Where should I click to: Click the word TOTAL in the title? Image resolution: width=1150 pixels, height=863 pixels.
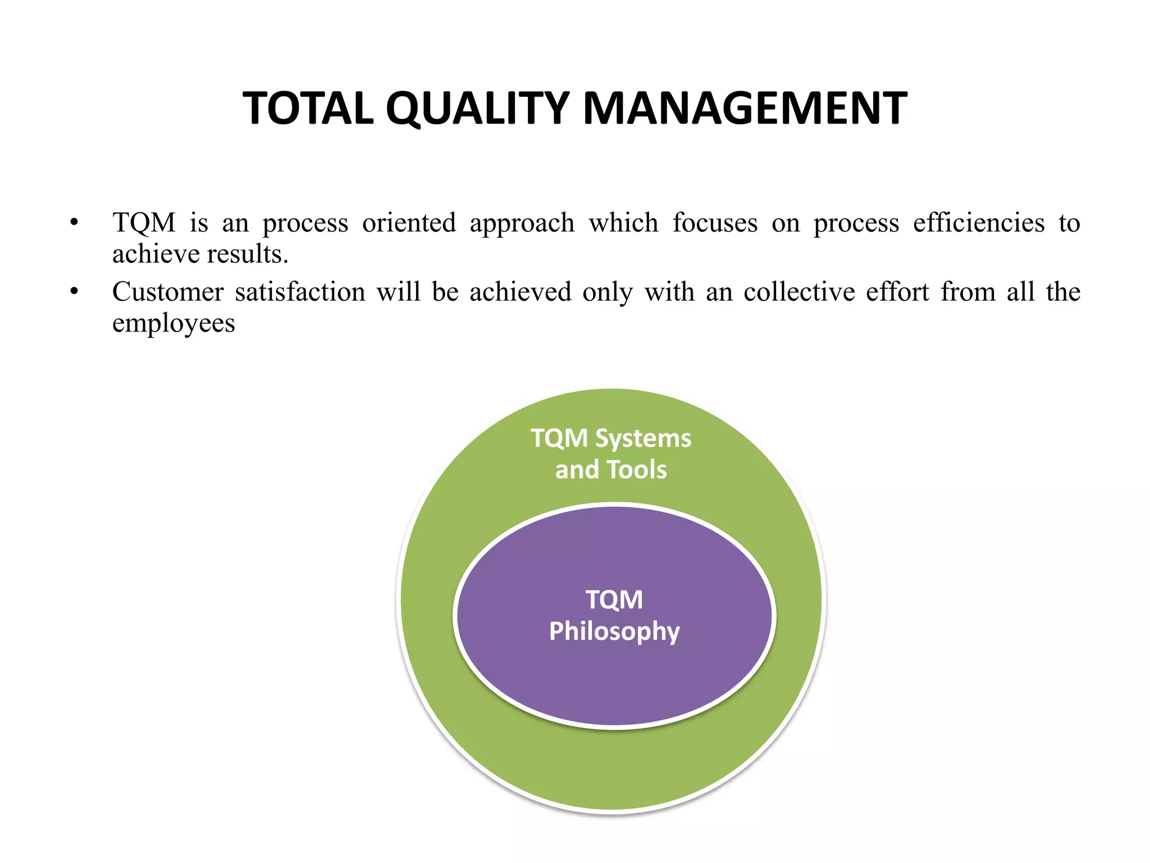tap(308, 108)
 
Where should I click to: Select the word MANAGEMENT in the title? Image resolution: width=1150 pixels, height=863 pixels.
tap(745, 108)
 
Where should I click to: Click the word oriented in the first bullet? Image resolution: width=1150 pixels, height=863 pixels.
tap(408, 223)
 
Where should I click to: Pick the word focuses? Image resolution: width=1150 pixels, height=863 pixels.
tap(715, 223)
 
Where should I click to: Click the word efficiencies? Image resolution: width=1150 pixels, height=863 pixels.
tap(978, 223)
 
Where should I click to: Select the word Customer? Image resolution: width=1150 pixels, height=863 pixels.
tap(168, 292)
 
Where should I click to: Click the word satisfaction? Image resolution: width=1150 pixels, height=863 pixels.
tap(300, 292)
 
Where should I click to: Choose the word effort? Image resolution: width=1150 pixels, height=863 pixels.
tap(897, 292)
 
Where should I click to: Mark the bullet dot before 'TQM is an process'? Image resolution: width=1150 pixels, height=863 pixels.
tap(74, 222)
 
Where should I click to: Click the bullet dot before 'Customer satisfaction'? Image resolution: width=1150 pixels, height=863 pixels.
tap(74, 292)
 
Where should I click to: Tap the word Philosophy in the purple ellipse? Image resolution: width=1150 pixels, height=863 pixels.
tap(614, 632)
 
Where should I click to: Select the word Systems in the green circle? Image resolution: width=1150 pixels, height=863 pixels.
tap(643, 439)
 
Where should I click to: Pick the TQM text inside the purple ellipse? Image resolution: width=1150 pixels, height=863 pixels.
tap(614, 599)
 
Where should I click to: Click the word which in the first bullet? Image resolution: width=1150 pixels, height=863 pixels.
tap(623, 223)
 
